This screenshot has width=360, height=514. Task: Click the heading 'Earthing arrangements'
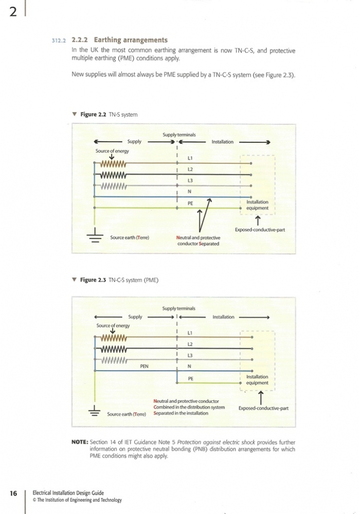pos(131,40)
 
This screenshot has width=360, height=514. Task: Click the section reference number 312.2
pos(59,41)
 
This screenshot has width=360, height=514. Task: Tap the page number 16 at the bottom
pos(13,493)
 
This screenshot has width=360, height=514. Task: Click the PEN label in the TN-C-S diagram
pos(145,366)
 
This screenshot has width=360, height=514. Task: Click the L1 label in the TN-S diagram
pos(190,158)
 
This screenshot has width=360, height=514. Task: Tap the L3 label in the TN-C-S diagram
pos(190,355)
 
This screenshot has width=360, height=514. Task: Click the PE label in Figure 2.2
pos(190,203)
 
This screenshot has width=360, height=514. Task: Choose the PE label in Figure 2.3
pos(190,379)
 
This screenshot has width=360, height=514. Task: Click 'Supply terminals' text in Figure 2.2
pos(179,135)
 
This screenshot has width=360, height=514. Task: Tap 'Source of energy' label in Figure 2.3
pos(113,325)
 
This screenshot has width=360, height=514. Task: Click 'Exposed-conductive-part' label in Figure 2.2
pos(260,229)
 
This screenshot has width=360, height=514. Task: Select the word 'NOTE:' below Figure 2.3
pos(80,442)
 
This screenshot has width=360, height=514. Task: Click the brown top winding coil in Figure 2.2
pos(113,163)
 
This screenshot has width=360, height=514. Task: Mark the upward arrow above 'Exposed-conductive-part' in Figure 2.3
pos(261,398)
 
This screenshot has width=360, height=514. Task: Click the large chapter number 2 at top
pos(13,12)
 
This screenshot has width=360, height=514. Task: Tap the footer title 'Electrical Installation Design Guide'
pos(68,493)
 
